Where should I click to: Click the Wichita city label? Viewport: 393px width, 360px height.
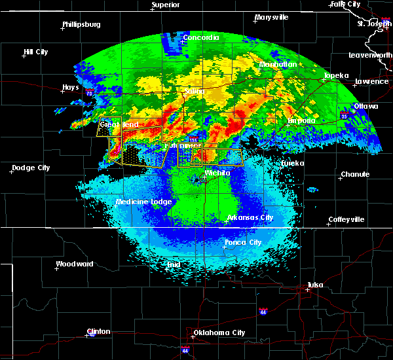point(217,173)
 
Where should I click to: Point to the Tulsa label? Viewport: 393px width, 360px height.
point(317,285)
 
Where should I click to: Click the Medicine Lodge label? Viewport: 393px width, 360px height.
point(143,202)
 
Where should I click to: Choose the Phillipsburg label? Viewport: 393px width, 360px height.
point(81,25)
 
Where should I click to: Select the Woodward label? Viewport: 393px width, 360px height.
point(74,264)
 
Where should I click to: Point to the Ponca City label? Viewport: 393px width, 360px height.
point(242,242)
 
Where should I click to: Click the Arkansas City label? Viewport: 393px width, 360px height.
point(250,217)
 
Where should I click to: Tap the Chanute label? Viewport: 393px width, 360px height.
point(355,175)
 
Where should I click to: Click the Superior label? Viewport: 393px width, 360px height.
point(165,5)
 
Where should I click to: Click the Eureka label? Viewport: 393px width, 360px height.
point(293,163)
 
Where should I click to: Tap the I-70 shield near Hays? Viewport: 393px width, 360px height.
point(88,94)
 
